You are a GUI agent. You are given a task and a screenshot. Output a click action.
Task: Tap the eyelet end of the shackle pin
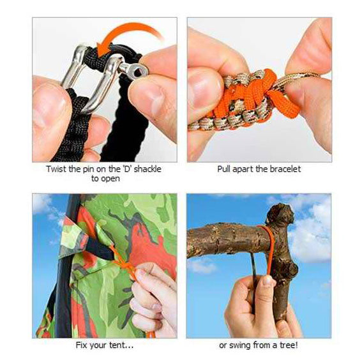click(136, 68)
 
